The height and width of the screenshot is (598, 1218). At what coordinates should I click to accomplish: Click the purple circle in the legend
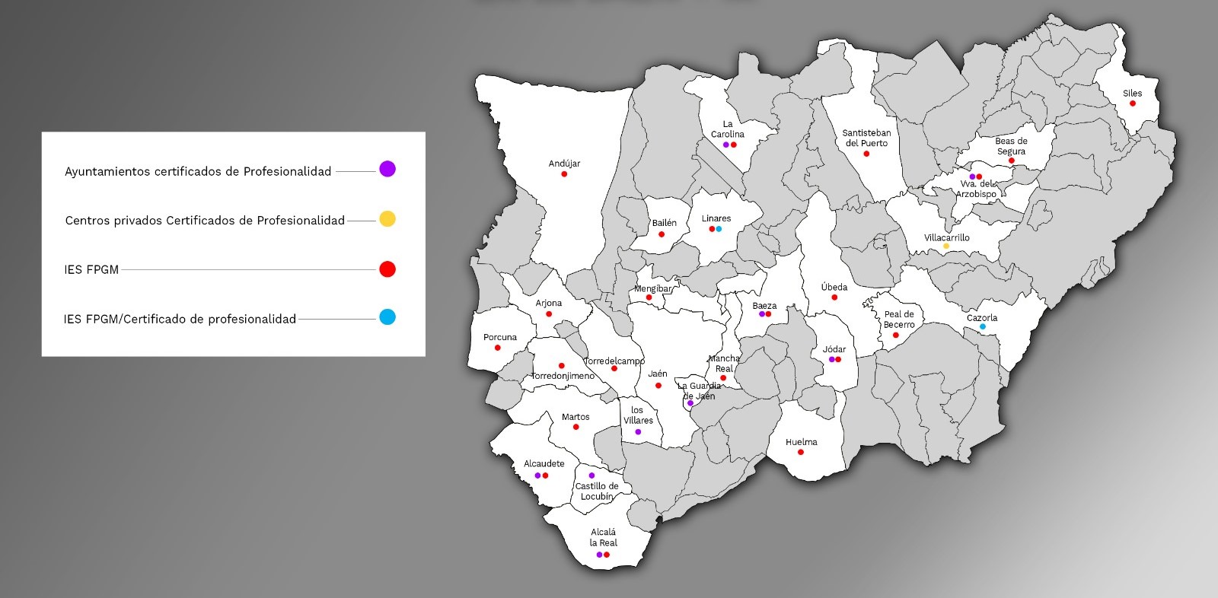tap(387, 169)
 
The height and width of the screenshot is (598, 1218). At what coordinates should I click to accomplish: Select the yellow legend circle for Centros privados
tap(387, 219)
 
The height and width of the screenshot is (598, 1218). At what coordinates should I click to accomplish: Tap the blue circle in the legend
tap(387, 317)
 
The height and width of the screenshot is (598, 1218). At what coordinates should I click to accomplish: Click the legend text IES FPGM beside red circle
tap(91, 269)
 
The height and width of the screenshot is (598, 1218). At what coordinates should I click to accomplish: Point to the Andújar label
tap(564, 164)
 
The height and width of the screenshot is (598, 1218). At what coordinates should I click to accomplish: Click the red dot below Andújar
tap(564, 174)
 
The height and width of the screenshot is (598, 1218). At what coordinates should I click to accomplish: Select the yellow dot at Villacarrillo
tap(946, 246)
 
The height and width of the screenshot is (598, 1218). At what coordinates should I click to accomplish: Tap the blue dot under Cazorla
tap(982, 326)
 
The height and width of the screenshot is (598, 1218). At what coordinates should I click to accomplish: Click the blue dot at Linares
tap(719, 229)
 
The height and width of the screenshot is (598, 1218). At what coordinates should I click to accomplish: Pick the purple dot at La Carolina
tap(726, 145)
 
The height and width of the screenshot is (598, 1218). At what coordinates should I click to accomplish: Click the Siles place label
tap(1132, 94)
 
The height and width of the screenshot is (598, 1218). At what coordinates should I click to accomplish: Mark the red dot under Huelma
tap(801, 452)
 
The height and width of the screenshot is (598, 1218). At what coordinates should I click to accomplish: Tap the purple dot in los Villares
tap(638, 432)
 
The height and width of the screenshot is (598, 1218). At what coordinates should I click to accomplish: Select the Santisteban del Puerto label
tap(866, 138)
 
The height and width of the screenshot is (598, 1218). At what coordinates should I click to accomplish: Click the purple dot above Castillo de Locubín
tap(591, 476)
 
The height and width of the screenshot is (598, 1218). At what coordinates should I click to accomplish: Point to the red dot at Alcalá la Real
tap(607, 555)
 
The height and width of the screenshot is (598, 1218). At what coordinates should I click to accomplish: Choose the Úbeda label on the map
tap(834, 287)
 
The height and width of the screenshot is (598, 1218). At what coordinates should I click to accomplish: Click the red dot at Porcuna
tap(498, 348)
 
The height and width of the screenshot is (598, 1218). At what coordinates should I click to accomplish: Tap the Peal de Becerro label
tap(899, 320)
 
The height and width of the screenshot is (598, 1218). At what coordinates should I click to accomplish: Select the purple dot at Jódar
tap(831, 359)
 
